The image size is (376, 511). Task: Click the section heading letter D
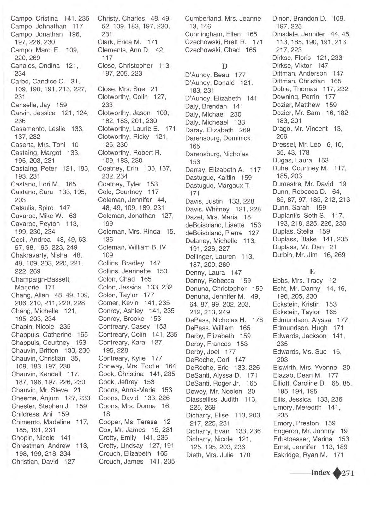coord(224,66)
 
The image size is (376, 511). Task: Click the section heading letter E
coord(312,272)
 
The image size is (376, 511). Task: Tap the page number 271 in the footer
coord(348,473)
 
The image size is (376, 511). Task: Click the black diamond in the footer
coord(337,473)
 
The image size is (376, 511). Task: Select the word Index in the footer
coord(320,473)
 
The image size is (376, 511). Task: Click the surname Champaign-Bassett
coord(41,279)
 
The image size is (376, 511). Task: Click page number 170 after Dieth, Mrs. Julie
coord(245,455)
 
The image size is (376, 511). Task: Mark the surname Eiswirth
coord(285,368)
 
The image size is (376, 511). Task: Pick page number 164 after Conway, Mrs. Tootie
coord(170,366)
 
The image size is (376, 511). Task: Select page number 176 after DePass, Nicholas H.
coord(257,320)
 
